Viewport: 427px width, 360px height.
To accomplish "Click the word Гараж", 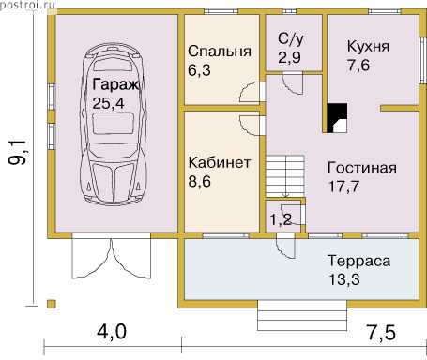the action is point(115,84).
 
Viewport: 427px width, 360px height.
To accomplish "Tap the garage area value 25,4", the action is point(108,103).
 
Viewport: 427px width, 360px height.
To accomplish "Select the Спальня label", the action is point(220,52).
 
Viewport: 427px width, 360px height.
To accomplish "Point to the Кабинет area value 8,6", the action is point(200,181).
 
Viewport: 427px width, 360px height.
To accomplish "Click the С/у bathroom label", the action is point(291,39).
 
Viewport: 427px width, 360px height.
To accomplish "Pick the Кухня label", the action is point(368,47).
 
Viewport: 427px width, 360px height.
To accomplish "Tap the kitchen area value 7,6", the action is point(358,66).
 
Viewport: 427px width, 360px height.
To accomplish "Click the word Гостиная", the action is point(362,168).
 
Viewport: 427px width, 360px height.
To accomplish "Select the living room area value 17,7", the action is point(343,187).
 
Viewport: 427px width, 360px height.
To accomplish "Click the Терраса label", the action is point(359,262).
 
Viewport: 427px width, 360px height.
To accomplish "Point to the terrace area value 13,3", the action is point(343,279).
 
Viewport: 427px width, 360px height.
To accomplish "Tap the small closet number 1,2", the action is point(281,219).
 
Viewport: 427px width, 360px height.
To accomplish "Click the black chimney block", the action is point(337,118).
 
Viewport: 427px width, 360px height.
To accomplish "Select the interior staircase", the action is point(285,176).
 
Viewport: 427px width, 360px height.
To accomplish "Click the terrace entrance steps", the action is point(302,316).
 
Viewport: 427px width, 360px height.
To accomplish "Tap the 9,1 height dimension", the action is point(17,152).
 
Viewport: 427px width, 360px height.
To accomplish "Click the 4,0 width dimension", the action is point(112,332).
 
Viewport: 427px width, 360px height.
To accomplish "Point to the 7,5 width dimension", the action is point(381,332).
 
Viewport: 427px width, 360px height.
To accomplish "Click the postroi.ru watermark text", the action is point(27,5).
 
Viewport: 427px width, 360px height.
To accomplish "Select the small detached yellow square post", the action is point(52,304).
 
